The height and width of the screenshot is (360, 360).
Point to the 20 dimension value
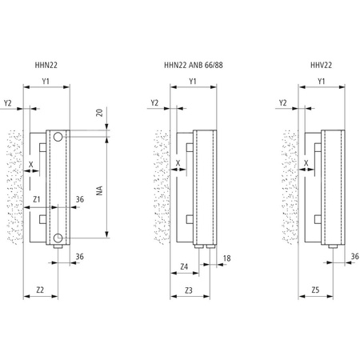100,113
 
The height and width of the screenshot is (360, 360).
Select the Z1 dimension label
37,199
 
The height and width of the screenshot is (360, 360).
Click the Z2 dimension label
40,290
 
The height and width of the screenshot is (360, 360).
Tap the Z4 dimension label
183,266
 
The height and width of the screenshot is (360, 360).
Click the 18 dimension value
227,258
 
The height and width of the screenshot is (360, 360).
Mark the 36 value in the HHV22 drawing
353,257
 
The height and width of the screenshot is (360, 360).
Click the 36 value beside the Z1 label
79,199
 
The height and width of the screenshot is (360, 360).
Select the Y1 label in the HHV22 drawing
321,82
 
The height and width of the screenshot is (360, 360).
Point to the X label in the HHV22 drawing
306,164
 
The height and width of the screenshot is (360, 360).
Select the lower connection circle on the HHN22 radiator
59,238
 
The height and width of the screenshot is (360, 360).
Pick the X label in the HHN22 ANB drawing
178,164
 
